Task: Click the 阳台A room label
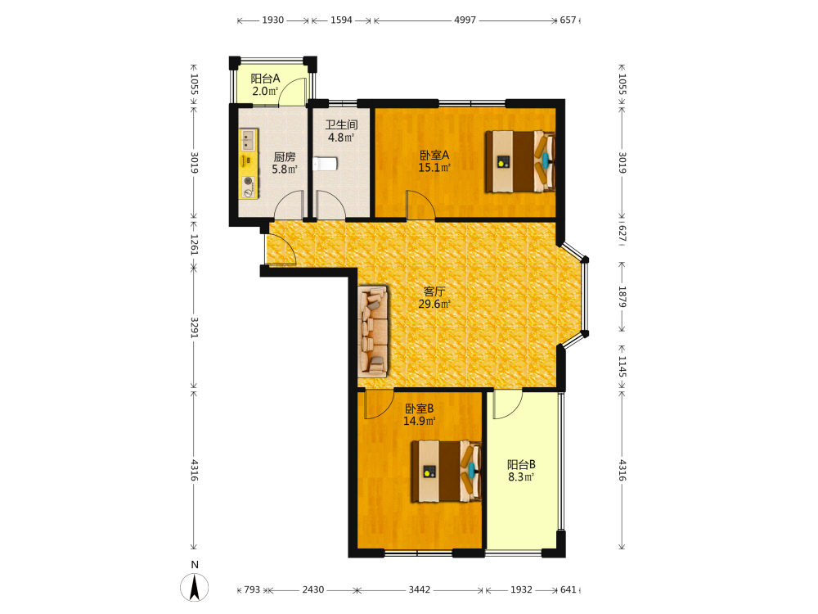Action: [x=265, y=79]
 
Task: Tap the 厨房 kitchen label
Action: [x=285, y=156]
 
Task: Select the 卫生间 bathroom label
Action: [x=342, y=124]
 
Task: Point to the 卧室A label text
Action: [x=434, y=155]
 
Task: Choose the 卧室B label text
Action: [x=420, y=409]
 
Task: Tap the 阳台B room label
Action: [x=521, y=464]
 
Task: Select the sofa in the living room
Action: [x=373, y=331]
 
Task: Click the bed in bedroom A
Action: [x=520, y=161]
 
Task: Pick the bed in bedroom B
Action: [x=446, y=471]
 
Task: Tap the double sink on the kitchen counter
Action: [x=248, y=140]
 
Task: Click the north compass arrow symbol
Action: [x=195, y=587]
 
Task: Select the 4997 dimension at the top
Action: [x=465, y=20]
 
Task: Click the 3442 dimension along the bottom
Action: [x=420, y=589]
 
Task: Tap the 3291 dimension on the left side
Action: [x=194, y=327]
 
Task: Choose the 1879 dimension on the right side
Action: [x=622, y=296]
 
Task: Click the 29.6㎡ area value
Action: [x=434, y=304]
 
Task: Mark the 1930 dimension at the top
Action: [x=273, y=20]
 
